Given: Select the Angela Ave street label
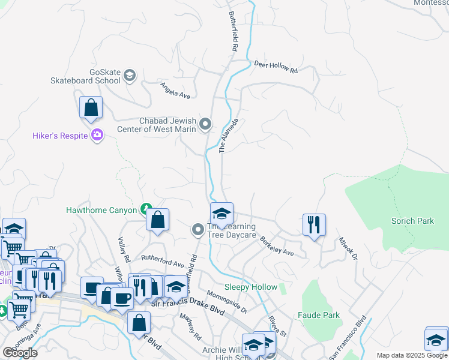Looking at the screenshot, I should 175,91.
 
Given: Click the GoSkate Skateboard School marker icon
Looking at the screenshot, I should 130,76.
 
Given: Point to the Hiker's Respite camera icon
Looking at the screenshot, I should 97,135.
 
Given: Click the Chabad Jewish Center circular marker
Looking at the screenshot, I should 205,124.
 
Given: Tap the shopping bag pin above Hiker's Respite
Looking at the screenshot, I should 91,108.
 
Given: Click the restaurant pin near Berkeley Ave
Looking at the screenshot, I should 314,225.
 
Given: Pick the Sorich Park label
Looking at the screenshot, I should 412,221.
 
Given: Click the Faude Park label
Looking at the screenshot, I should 318,315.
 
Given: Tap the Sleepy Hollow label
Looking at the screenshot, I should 250,287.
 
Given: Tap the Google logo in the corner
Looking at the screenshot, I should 20,353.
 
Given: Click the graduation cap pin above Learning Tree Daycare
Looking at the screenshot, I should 221,214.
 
